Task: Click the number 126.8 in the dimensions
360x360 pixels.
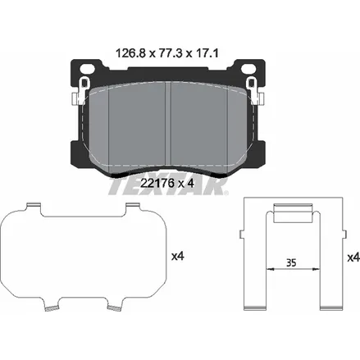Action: tap(131, 53)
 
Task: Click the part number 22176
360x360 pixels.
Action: tap(157, 183)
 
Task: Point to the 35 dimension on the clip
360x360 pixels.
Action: tap(291, 262)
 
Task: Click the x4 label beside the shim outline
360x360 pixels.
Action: tap(178, 256)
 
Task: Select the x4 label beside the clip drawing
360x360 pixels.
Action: tap(353, 257)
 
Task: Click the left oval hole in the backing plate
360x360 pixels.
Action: tap(87, 68)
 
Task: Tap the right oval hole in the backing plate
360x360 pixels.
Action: tap(248, 68)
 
